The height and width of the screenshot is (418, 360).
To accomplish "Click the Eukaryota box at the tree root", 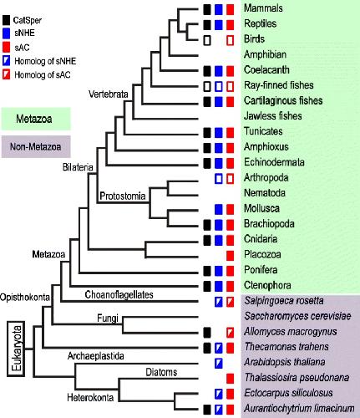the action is click(16, 349).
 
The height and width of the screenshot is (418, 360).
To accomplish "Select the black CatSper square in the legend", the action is click(7, 20).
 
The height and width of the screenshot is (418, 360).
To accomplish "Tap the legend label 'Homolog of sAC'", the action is click(43, 74).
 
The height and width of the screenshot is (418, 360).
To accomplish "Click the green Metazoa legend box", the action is click(36, 119).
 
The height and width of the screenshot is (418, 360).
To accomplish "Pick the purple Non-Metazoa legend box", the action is click(36, 146).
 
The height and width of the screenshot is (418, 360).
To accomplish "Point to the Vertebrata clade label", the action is click(109, 94).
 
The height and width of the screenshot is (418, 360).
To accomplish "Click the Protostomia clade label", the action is click(123, 196).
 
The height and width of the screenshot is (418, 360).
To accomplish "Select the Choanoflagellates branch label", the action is click(119, 294).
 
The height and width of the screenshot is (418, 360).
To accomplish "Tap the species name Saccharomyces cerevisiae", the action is click(297, 316).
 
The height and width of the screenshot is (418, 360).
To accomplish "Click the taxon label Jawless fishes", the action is click(273, 115).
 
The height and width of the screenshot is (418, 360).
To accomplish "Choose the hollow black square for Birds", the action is click(207, 40).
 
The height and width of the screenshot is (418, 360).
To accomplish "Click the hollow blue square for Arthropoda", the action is click(219, 179).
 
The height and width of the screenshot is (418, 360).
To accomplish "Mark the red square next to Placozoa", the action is click(230, 255).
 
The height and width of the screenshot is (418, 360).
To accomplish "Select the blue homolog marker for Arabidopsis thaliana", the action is click(219, 363).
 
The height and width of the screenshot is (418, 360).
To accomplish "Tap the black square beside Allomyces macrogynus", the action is click(207, 332).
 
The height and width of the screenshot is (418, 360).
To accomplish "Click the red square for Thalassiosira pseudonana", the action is click(230, 379).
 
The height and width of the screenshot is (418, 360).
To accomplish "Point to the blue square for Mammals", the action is click(219, 9).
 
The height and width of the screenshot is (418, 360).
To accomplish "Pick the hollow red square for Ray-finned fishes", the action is click(230, 86).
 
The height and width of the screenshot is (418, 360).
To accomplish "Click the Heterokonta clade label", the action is click(90, 398).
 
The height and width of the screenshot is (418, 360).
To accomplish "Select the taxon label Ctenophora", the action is click(267, 285).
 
